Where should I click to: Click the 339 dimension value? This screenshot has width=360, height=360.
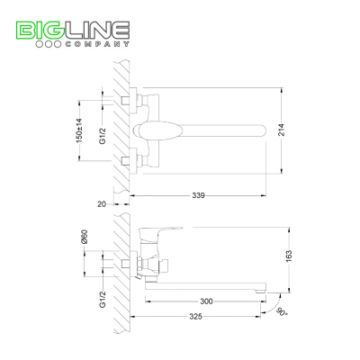coord(198,195)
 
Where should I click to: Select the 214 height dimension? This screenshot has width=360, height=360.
coord(282,130)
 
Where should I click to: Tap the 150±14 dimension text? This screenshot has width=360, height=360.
coord(79,130)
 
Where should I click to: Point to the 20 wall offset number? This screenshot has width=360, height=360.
coord(102,204)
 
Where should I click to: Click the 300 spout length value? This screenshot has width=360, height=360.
coord(206,301)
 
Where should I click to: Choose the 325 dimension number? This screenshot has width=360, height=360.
coord(195,317)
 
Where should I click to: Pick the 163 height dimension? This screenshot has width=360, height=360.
coord(289,256)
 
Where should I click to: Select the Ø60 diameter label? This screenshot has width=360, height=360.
coord(85,237)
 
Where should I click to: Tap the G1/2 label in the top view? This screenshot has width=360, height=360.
coord(103,136)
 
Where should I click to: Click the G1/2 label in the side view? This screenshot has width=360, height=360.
coord(103,299)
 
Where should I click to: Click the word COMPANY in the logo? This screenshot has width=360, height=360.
coord(97,44)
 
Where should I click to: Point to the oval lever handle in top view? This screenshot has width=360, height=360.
coord(157,130)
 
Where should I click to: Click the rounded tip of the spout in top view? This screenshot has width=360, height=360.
coord(263,130)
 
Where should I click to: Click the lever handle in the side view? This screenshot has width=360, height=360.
coord(161,234)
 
